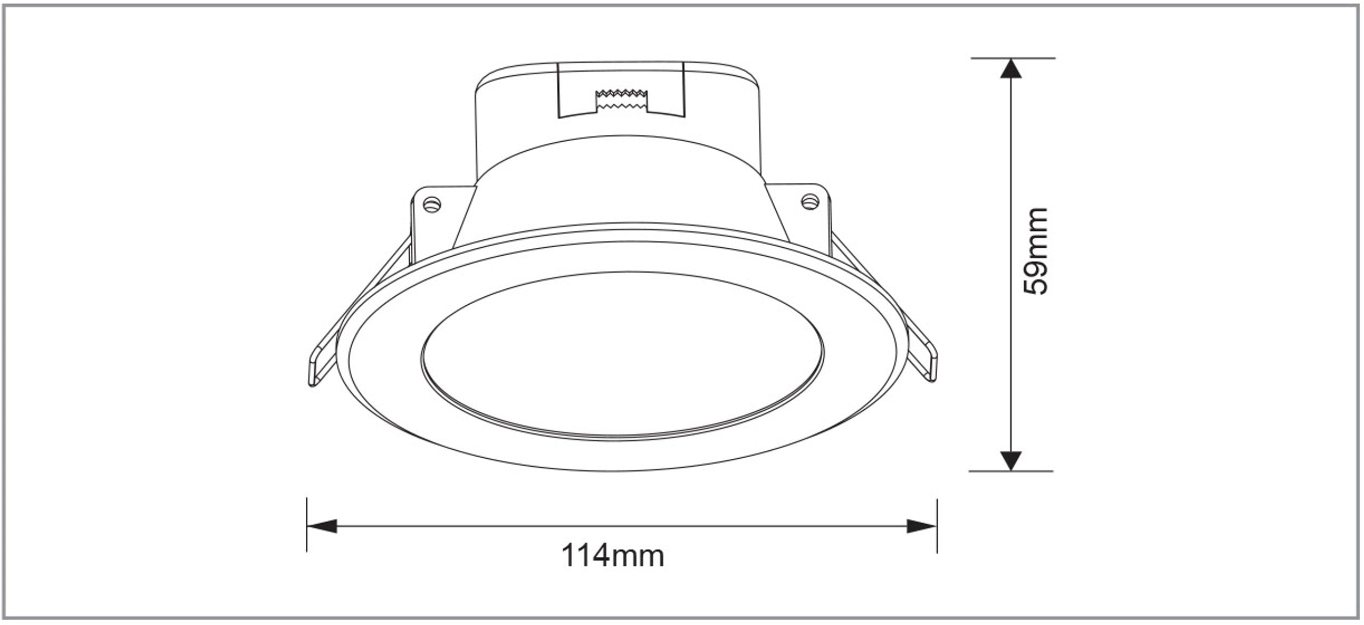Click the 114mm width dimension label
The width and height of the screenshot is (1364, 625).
pyautogui.click(x=613, y=556)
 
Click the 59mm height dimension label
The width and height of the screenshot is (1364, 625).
pyautogui.click(x=1036, y=251)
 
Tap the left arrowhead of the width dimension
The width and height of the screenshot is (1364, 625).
pyautogui.click(x=322, y=526)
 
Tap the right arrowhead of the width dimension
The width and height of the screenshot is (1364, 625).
pyautogui.click(x=922, y=526)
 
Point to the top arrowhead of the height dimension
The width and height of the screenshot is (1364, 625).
pyautogui.click(x=1011, y=68)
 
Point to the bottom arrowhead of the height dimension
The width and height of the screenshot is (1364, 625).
pyautogui.click(x=1011, y=461)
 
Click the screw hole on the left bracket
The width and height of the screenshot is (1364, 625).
pyautogui.click(x=432, y=204)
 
